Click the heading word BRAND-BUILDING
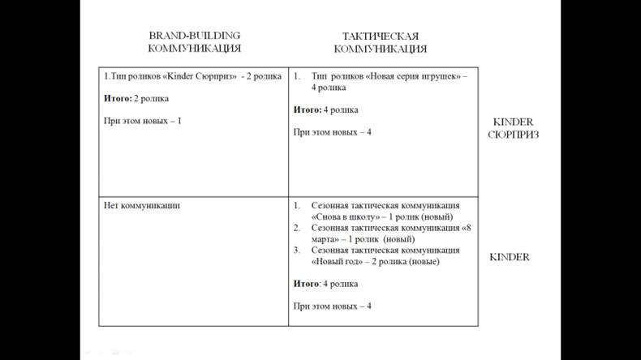(195, 36)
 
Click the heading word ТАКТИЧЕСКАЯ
(381, 36)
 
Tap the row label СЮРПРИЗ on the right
(513, 135)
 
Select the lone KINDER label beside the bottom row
(509, 257)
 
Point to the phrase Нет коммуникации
(142, 206)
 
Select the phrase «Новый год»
(339, 262)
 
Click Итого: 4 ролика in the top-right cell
(325, 109)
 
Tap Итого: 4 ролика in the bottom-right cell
(325, 284)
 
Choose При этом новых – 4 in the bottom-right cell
(332, 306)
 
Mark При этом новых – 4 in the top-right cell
(332, 132)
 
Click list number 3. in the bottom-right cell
(297, 251)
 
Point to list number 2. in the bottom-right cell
(297, 229)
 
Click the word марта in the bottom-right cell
(325, 240)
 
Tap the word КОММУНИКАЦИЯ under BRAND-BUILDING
(194, 48)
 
